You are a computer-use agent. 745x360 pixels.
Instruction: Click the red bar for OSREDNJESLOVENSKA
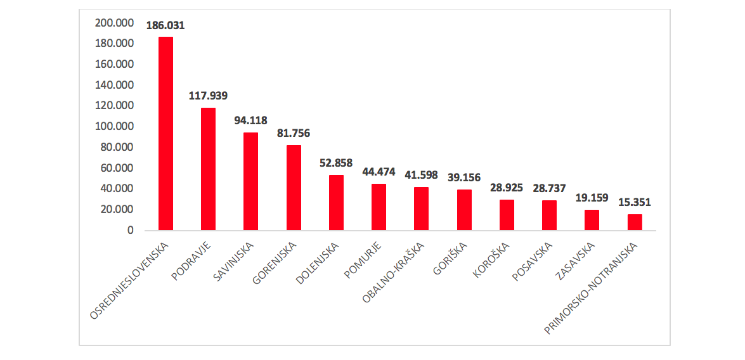click(165, 134)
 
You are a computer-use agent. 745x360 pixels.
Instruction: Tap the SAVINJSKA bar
click(250, 181)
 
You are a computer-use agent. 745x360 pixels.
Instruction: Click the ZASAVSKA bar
click(592, 220)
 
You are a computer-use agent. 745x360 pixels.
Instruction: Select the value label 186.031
click(165, 26)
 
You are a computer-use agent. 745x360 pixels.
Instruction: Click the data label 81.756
click(294, 134)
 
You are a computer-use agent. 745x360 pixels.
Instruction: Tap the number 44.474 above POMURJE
click(379, 172)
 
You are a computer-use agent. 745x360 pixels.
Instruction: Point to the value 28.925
click(507, 188)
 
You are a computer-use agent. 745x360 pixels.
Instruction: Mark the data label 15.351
click(635, 203)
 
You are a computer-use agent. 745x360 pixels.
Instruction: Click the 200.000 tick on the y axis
click(114, 23)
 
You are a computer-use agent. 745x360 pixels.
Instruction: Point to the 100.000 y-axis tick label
click(114, 127)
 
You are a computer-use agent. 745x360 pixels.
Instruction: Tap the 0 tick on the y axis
click(130, 230)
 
